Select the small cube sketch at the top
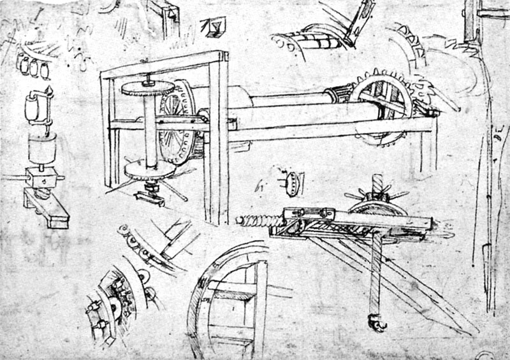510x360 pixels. point(207,26)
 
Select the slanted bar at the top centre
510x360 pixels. point(357,22)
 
